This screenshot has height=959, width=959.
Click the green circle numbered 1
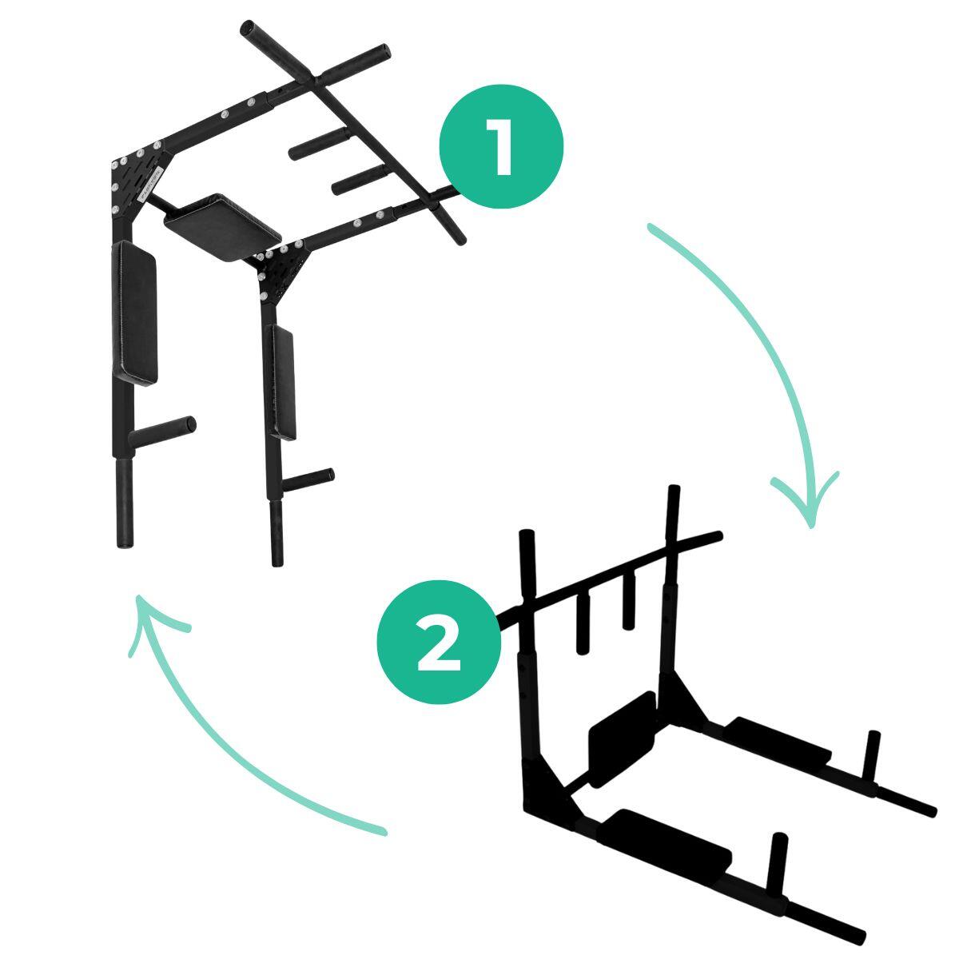pyautogui.click(x=500, y=146)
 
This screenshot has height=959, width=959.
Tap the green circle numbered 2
pyautogui.click(x=439, y=642)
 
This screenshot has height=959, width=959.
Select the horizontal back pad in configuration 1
pyautogui.click(x=222, y=226)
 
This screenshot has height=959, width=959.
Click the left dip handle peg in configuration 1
pyautogui.click(x=162, y=432)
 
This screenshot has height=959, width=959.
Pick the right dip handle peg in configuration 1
pyautogui.click(x=308, y=479)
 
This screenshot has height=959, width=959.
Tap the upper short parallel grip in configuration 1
pyautogui.click(x=318, y=143)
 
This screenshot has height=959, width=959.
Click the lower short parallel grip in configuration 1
pyautogui.click(x=360, y=180)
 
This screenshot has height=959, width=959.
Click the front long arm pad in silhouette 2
pyautogui.click(x=664, y=845)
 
